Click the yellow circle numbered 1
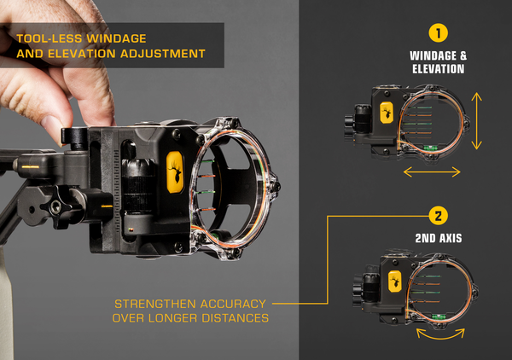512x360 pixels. pyautogui.click(x=439, y=33)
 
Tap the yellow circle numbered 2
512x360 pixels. pyautogui.click(x=439, y=216)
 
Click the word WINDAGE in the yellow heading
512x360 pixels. pyautogui.click(x=116, y=38)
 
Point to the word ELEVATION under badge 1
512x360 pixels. pyautogui.click(x=439, y=69)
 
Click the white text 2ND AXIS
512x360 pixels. pyautogui.click(x=439, y=238)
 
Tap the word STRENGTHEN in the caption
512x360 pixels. pyautogui.click(x=155, y=304)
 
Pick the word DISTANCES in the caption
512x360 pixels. pyautogui.click(x=236, y=318)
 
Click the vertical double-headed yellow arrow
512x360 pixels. pyautogui.click(x=477, y=121)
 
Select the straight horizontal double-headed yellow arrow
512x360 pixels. pyautogui.click(x=432, y=171)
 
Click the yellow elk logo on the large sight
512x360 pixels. pyautogui.click(x=175, y=171)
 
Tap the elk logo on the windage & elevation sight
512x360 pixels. pyautogui.click(x=387, y=113)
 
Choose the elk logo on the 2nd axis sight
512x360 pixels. pyautogui.click(x=395, y=282)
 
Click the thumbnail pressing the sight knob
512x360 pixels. pyautogui.click(x=52, y=128)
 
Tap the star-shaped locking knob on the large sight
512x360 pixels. pyautogui.click(x=55, y=206)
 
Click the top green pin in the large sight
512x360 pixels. pyautogui.click(x=207, y=161)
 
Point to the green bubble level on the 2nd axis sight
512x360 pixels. pyautogui.click(x=438, y=316)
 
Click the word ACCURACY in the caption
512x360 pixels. pyautogui.click(x=233, y=304)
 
